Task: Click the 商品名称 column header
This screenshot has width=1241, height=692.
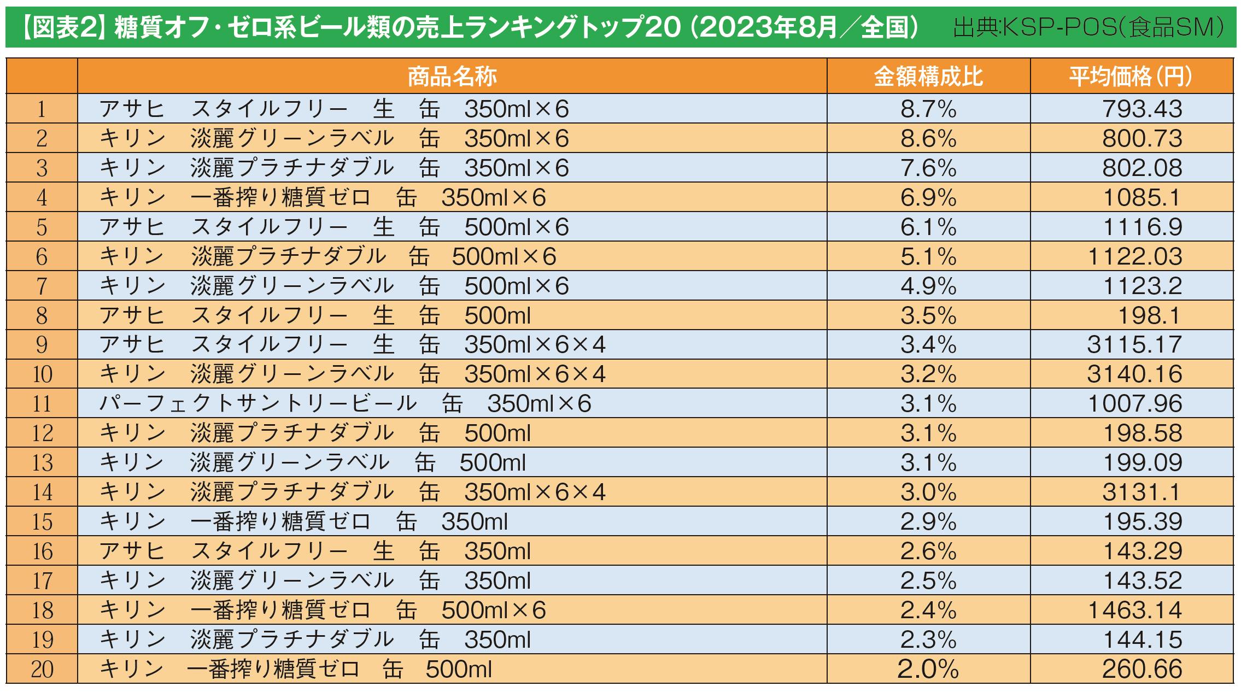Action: (452, 77)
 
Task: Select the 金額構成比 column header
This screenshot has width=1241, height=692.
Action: (928, 77)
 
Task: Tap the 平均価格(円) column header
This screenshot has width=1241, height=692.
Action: (1131, 77)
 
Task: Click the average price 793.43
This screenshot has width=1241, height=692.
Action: (1142, 109)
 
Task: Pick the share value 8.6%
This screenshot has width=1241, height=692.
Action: (928, 138)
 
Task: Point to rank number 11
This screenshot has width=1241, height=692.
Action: (42, 404)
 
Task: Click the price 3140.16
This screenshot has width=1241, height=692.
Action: (1134, 374)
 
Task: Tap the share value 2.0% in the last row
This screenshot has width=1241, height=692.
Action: (928, 669)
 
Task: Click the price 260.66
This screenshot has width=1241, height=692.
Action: (1142, 669)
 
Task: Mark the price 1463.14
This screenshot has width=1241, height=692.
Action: (1135, 610)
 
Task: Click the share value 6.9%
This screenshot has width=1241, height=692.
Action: (928, 197)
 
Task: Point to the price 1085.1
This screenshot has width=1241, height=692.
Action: (1142, 197)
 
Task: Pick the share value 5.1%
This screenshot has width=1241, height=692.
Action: (928, 256)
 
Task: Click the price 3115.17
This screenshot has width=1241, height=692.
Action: (1134, 345)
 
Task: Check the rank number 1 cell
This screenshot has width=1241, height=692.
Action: (42, 109)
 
